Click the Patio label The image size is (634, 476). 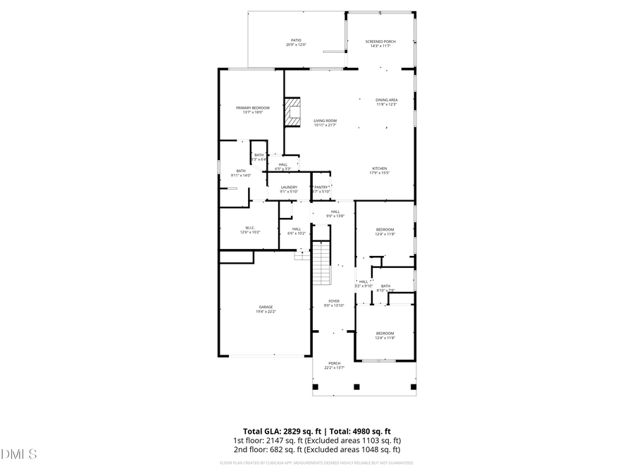click(296, 42)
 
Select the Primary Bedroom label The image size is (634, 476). click(252, 109)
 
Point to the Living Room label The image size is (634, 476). click(325, 123)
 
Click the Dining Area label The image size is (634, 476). click(386, 102)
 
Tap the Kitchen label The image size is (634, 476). click(380, 170)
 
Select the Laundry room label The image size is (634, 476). click(289, 189)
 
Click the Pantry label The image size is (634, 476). click(322, 189)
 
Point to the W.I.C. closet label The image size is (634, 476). click(250, 229)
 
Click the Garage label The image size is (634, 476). click(265, 309)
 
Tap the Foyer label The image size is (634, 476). click(334, 303)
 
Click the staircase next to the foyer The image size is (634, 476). click(321, 261)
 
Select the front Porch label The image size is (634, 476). click(334, 365)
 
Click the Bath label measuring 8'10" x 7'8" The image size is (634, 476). click(385, 288)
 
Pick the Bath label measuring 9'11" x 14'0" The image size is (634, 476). click(241, 173)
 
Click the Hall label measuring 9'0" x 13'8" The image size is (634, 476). click(335, 213)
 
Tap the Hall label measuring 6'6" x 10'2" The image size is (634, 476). click(297, 231)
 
